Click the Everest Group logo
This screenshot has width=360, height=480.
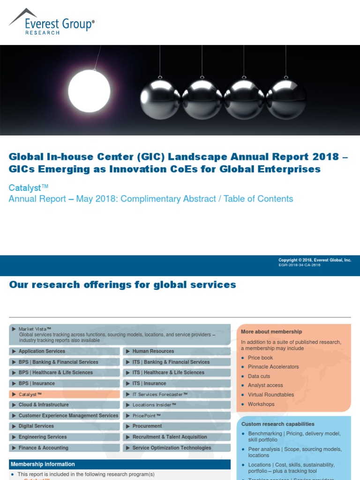pos(51,22)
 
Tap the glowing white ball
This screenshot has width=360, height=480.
pos(89,91)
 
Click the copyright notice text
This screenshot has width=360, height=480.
pos(315,260)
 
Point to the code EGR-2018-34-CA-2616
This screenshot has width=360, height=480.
pos(300,265)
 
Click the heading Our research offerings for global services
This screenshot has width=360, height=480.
pos(122,285)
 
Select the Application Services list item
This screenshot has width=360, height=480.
pos(42,351)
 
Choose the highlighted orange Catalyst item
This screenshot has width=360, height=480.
pos(30,395)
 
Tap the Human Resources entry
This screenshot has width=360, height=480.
pos(153,351)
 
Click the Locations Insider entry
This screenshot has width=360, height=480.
pos(154,405)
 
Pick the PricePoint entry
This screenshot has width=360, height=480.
pos(146,416)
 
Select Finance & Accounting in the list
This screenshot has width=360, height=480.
pos(43,448)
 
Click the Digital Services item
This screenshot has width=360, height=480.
pos(36,427)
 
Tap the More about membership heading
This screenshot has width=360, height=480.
pos(271,332)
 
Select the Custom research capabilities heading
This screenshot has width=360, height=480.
pos(277,424)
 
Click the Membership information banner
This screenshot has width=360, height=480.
pos(43,465)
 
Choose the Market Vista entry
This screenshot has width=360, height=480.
pos(35,329)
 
